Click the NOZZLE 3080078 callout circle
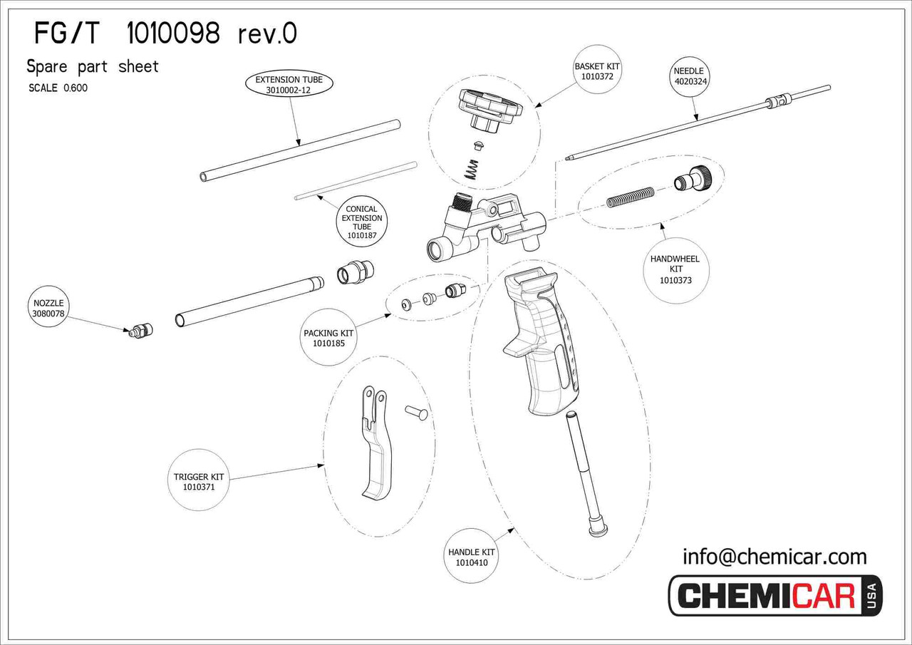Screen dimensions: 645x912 tap(48, 308)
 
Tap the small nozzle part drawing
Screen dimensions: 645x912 tap(140, 331)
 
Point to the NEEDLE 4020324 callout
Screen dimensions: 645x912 tap(688, 76)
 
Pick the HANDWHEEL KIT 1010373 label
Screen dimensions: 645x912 tap(675, 269)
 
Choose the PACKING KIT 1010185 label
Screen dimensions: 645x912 tap(328, 338)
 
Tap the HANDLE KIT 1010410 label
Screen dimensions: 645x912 tap(471, 557)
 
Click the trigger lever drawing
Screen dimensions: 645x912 tap(376, 442)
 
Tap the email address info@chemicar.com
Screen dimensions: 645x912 tap(774, 556)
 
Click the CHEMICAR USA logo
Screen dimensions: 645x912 tap(774, 595)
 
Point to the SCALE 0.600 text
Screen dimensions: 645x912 tap(58, 88)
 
